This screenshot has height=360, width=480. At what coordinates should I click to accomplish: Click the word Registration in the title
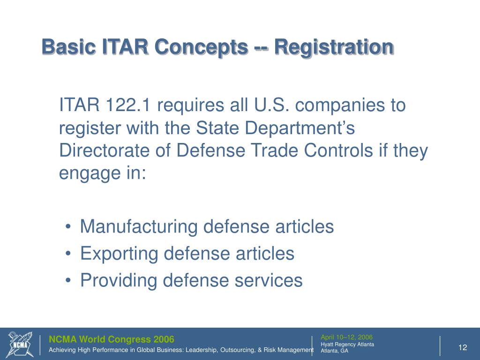[334, 47]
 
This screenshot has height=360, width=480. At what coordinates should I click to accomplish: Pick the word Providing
[119, 281]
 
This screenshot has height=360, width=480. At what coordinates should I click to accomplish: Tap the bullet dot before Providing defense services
[69, 282]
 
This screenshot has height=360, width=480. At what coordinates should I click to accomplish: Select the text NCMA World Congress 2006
[112, 339]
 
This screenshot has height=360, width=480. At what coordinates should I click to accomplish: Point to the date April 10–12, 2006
[346, 337]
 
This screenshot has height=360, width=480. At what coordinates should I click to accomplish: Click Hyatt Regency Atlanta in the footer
[347, 344]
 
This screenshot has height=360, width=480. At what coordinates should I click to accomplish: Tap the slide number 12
[463, 347]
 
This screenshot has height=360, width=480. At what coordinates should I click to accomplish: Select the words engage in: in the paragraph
[103, 173]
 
